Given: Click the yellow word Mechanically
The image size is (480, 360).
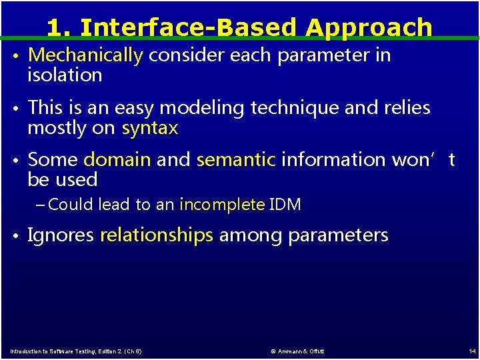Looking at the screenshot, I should point(85,55).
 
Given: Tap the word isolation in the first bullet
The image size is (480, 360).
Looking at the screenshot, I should point(65,75).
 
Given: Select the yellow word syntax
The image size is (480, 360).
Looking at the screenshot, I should point(150,128).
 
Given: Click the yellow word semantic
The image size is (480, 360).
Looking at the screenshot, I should point(236,160).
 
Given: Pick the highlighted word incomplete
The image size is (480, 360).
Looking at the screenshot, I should point(222,205).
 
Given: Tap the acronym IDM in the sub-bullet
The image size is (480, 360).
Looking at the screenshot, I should point(285,205).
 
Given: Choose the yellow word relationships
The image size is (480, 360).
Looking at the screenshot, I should point(157,235).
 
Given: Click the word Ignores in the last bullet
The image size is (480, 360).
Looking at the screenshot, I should point(61,235).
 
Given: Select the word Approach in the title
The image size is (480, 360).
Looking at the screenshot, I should point(369,27).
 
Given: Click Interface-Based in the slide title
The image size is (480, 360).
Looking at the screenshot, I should point(189,27).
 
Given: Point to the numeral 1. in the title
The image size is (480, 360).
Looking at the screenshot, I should point(59,27).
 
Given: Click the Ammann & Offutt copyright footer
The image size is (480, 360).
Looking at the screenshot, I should point(297,351).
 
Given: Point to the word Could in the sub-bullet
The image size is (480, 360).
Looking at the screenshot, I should point(71,205).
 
